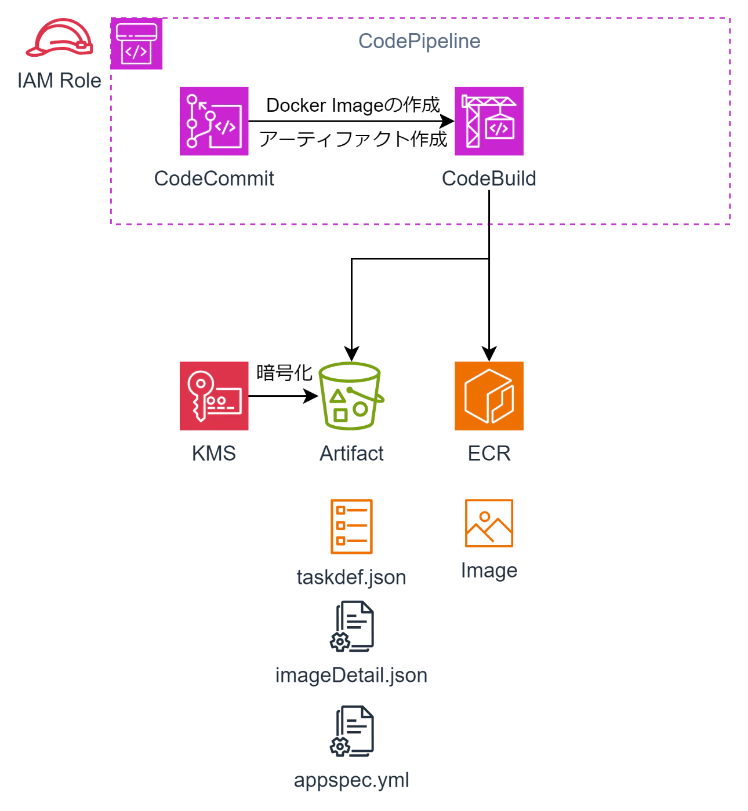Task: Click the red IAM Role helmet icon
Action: coord(60,37)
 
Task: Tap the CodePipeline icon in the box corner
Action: coord(136,43)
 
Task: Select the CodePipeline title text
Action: coord(419,41)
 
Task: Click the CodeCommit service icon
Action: coord(214,121)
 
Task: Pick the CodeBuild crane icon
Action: coord(489,121)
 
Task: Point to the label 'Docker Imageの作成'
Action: coord(353,105)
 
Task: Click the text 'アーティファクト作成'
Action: coord(353,139)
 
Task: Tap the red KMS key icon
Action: coord(214,396)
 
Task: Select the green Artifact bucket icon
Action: coord(351,396)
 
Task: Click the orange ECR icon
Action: coord(489,396)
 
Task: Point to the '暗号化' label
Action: coord(284,372)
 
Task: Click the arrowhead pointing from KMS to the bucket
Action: coord(311,396)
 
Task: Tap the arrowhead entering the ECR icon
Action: coord(489,354)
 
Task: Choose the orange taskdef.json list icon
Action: coord(351,527)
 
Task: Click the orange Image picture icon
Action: coord(489,523)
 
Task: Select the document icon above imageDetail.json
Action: coord(352,626)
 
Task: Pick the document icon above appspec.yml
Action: coord(352,731)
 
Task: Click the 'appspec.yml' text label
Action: coord(351,781)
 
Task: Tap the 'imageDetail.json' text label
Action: coord(351,675)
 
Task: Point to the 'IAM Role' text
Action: coord(59,81)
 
